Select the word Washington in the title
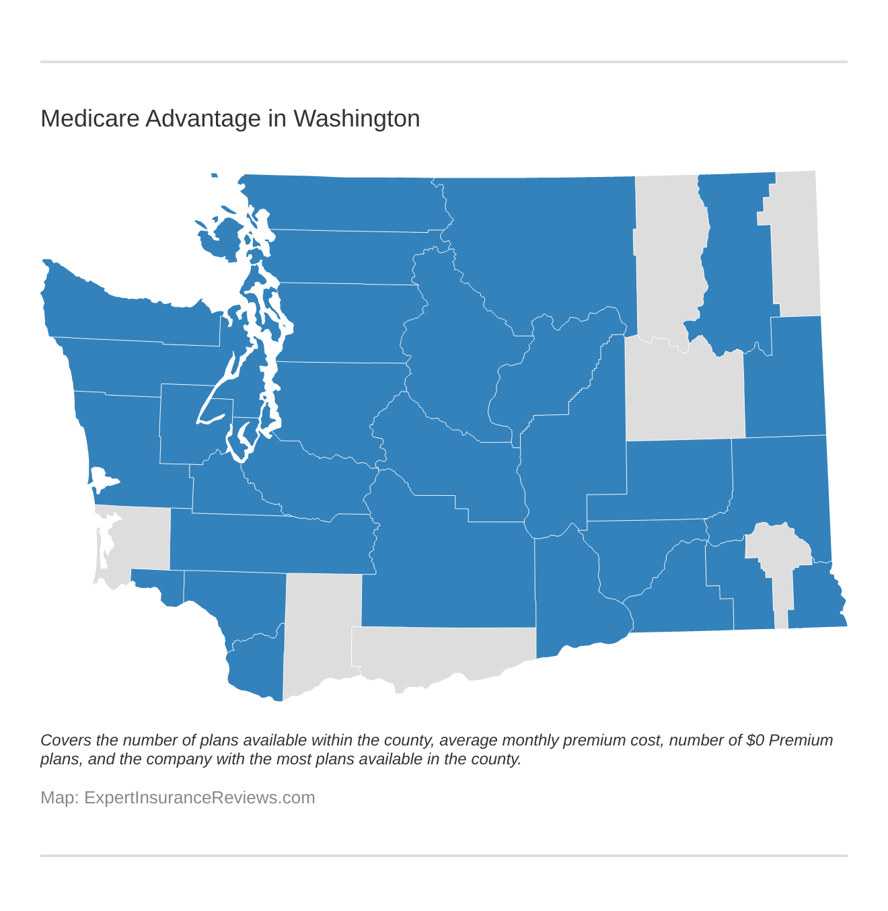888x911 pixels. pos(357,118)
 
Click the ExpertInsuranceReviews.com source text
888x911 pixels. pos(199,797)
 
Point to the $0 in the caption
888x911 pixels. pos(755,740)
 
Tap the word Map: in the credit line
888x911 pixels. pos(59,797)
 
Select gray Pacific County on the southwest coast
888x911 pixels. pos(138,538)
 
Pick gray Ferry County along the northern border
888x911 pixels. pos(669,256)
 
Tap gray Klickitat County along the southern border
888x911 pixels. pos(437,656)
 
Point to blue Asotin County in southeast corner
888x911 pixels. pos(814,595)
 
